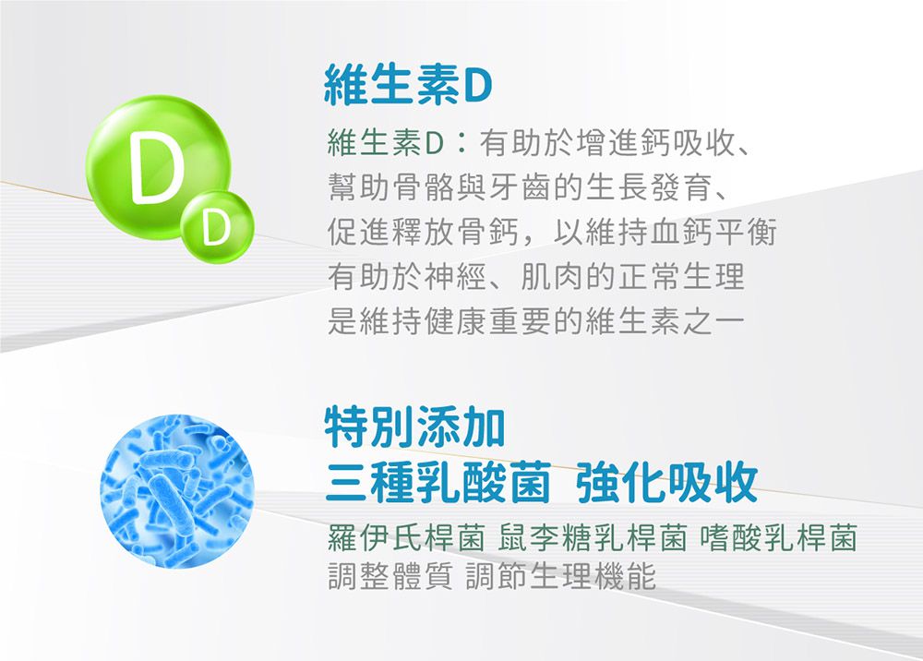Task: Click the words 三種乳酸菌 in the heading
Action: [438, 480]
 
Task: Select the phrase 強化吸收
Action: [666, 480]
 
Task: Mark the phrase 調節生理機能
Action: [564, 577]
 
